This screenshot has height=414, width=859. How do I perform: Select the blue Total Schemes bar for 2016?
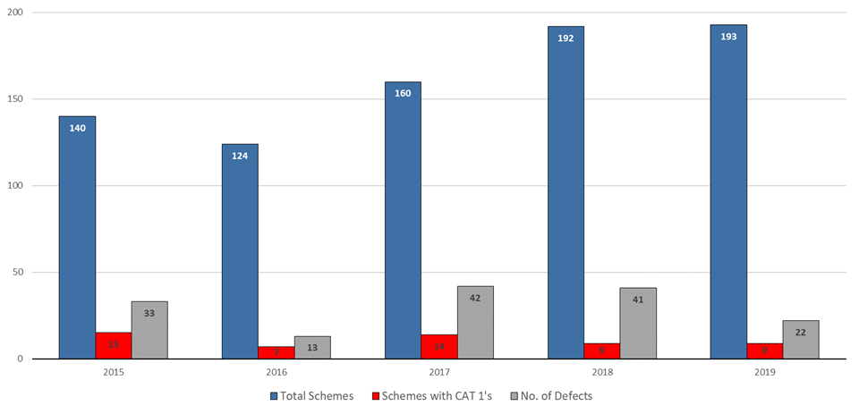point(240,251)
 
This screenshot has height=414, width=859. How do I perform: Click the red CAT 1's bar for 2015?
point(114,345)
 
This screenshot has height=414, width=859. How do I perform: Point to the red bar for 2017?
point(439,346)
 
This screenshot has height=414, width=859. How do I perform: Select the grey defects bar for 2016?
point(312,348)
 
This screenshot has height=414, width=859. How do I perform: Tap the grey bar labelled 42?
point(475,322)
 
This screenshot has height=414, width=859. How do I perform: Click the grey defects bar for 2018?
point(638,323)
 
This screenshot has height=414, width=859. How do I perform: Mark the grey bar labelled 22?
point(801,340)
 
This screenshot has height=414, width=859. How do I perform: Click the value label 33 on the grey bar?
point(149,314)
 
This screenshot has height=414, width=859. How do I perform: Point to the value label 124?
point(240,156)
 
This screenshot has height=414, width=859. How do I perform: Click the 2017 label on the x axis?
point(438,370)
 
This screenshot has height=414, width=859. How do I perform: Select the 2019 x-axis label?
point(764,370)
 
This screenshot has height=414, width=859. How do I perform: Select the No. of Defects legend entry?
point(553,395)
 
